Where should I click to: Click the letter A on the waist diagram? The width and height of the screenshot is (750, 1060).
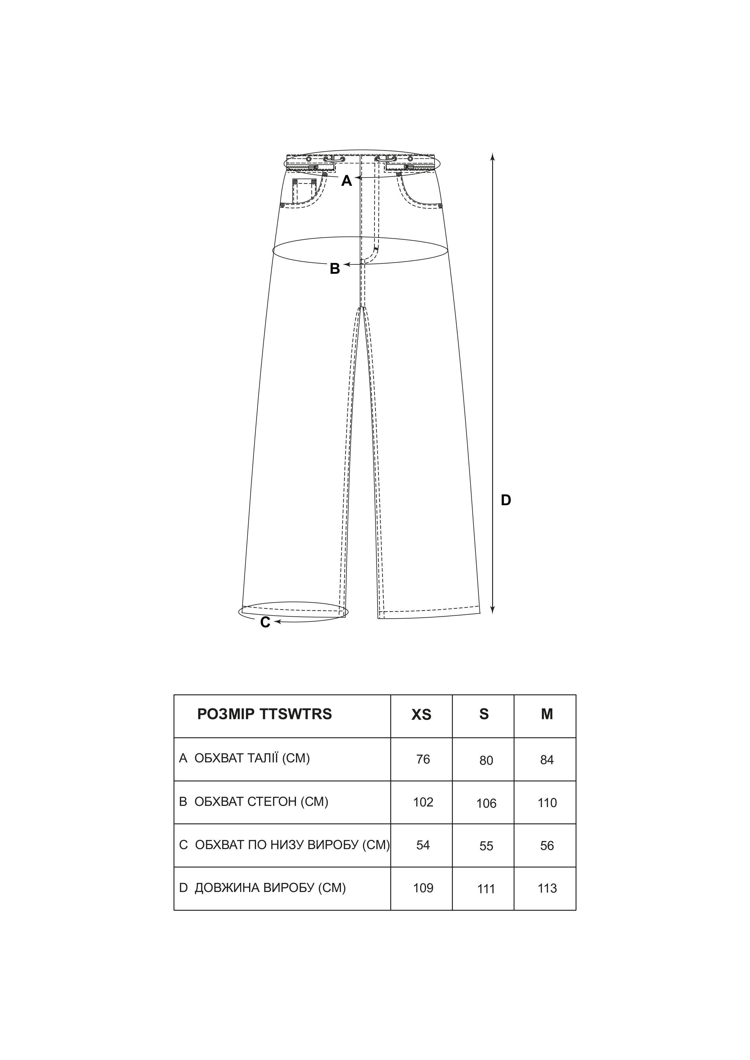click(x=346, y=181)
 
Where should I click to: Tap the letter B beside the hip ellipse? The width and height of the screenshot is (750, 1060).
click(x=335, y=268)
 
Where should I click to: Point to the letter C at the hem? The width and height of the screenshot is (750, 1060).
click(x=265, y=623)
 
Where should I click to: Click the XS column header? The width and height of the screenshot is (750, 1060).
click(x=421, y=715)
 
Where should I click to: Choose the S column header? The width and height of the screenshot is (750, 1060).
click(x=484, y=714)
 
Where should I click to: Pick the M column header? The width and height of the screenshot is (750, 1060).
click(x=547, y=714)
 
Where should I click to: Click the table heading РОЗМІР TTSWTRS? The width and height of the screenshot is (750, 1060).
click(x=264, y=714)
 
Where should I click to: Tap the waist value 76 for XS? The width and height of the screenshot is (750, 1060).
click(x=423, y=759)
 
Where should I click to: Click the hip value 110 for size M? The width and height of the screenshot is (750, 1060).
click(x=547, y=803)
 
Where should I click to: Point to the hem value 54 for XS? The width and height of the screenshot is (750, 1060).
click(x=423, y=845)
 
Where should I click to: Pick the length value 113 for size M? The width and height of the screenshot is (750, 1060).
click(x=547, y=888)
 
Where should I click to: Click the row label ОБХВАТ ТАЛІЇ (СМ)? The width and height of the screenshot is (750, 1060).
click(x=252, y=758)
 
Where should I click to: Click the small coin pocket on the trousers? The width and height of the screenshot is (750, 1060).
click(x=304, y=191)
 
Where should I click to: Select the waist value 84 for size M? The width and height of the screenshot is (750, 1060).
click(x=547, y=760)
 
